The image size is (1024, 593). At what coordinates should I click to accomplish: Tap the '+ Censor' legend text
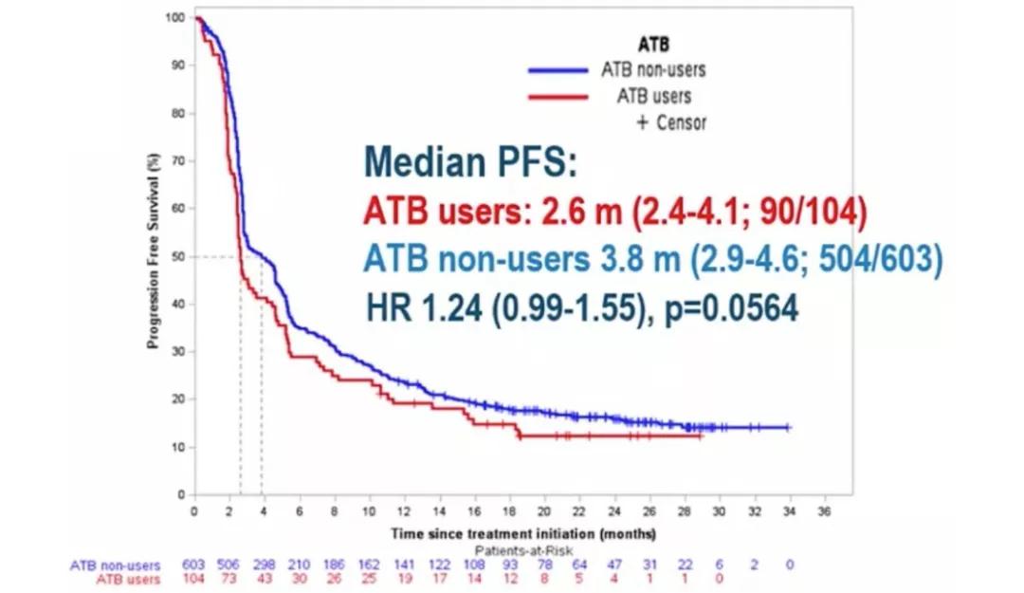click(669, 122)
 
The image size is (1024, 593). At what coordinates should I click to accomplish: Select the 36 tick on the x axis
click(823, 511)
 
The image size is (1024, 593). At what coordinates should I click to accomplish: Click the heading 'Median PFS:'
click(470, 163)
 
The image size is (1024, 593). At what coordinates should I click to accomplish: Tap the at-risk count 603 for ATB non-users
click(194, 565)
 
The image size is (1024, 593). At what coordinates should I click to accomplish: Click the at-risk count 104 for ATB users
click(194, 579)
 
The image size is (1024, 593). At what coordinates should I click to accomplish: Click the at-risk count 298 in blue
click(264, 565)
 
